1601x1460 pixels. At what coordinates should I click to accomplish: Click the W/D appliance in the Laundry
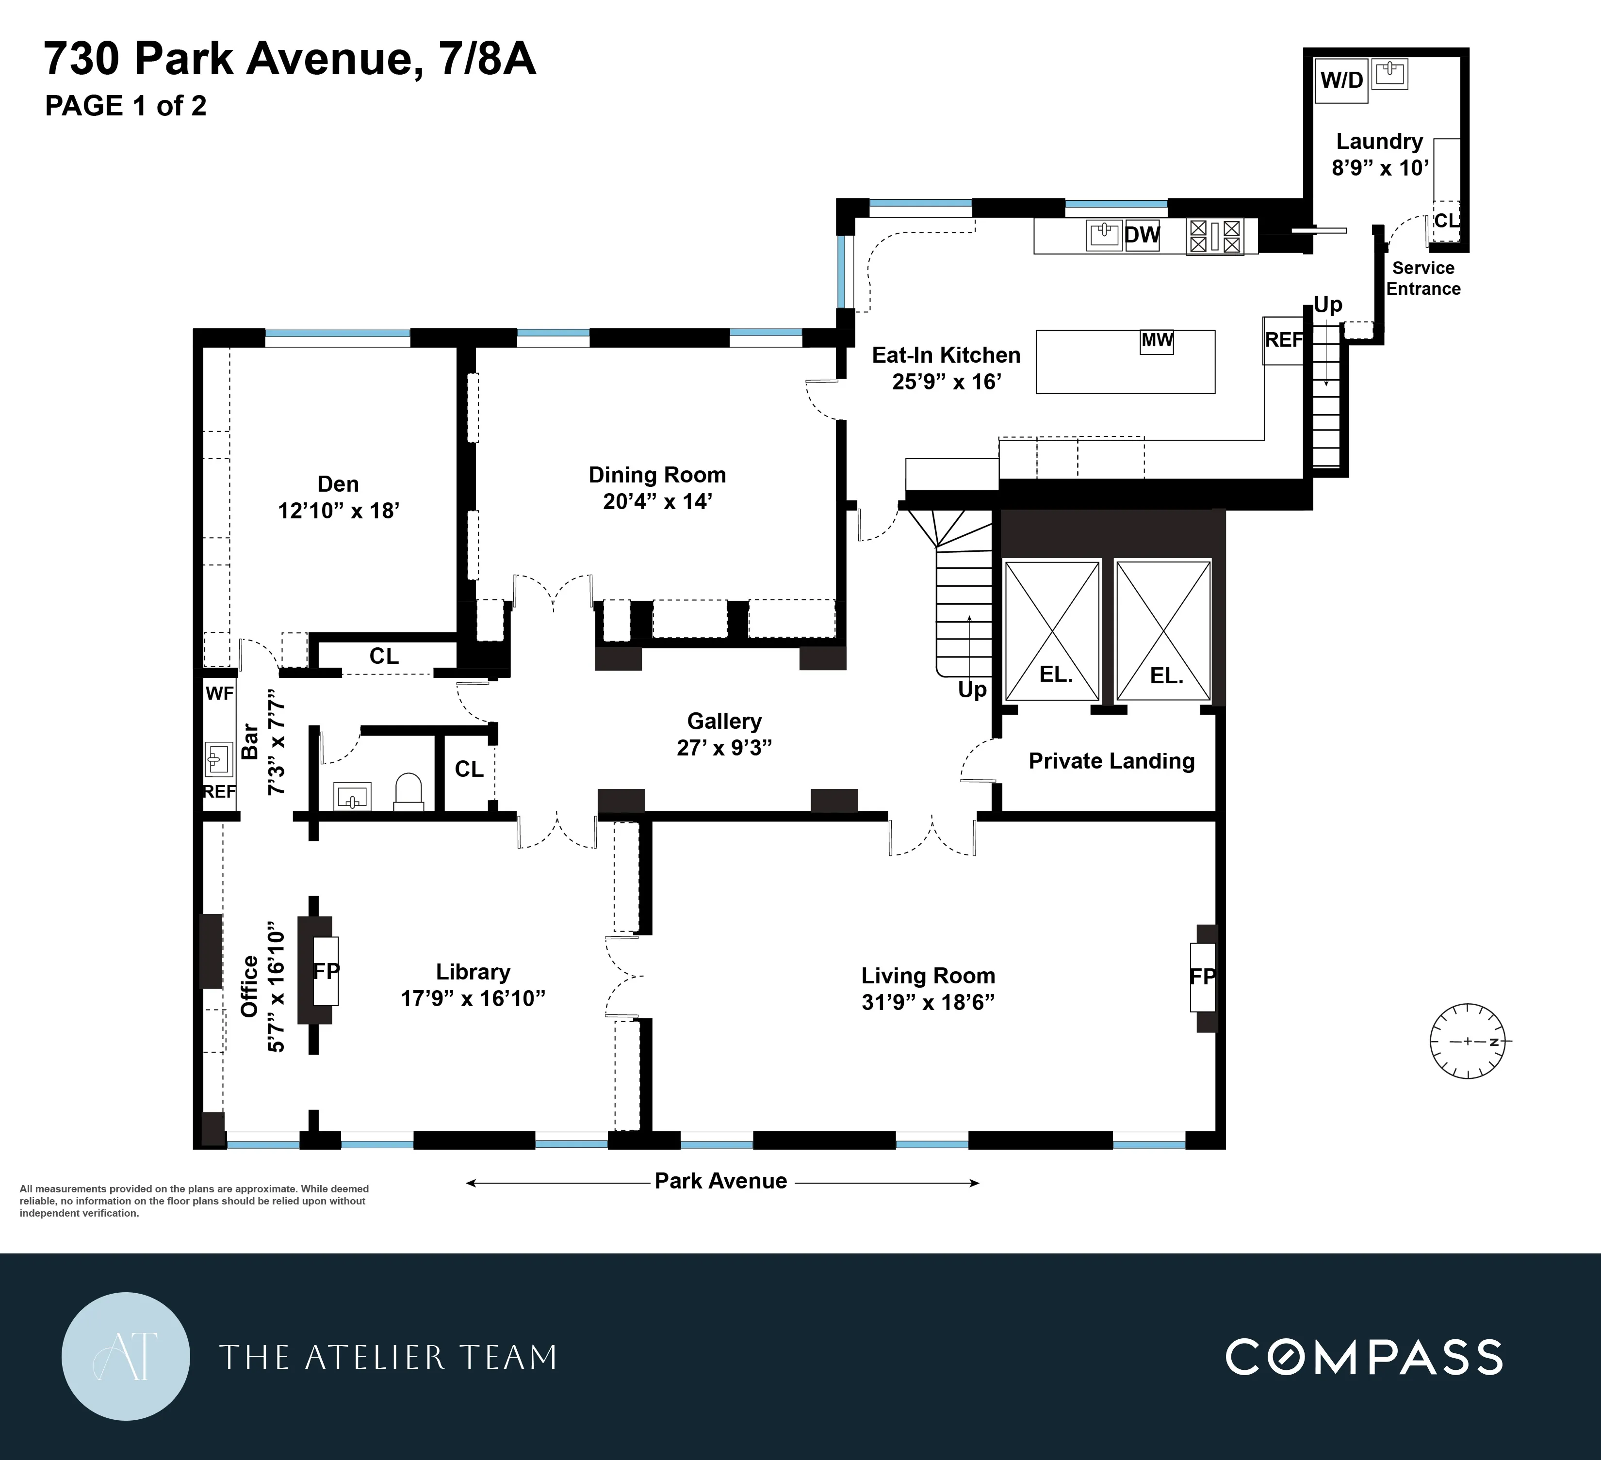point(1341,80)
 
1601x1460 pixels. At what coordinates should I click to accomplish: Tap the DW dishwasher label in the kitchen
point(1142,235)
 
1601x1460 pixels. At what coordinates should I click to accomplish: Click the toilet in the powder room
point(408,791)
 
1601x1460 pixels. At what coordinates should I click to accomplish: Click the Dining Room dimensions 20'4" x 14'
point(657,502)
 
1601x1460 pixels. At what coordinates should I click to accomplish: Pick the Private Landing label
point(1111,761)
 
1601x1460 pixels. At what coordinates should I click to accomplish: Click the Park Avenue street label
point(720,1181)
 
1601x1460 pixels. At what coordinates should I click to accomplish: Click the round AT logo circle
point(126,1356)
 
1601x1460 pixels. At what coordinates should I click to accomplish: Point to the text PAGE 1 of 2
point(126,106)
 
